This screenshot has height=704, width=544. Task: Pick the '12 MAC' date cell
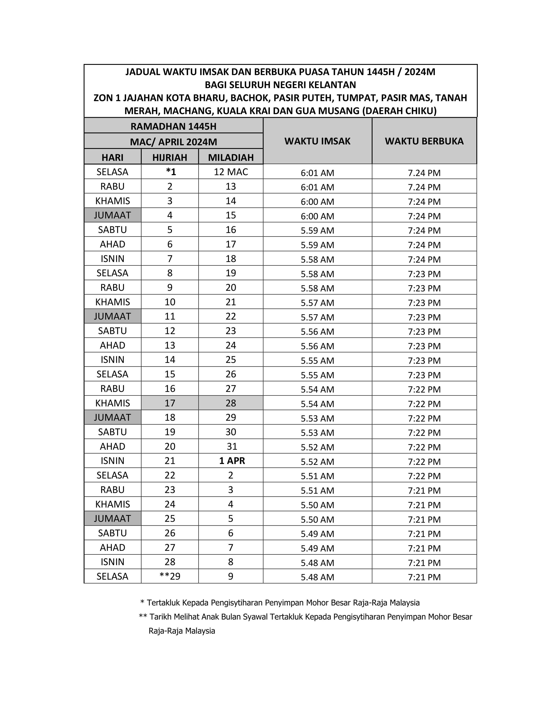click(231, 172)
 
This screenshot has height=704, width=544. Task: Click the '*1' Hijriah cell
click(171, 172)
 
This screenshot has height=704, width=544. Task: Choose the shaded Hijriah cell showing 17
click(170, 403)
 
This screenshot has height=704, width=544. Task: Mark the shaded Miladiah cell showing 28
click(231, 403)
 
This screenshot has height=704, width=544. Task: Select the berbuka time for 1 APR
click(424, 462)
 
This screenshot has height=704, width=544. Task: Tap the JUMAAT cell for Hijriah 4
click(112, 215)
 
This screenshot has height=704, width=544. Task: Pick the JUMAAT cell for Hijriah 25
click(112, 518)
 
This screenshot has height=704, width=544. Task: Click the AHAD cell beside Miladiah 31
click(112, 447)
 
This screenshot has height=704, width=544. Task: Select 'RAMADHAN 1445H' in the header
click(173, 126)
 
